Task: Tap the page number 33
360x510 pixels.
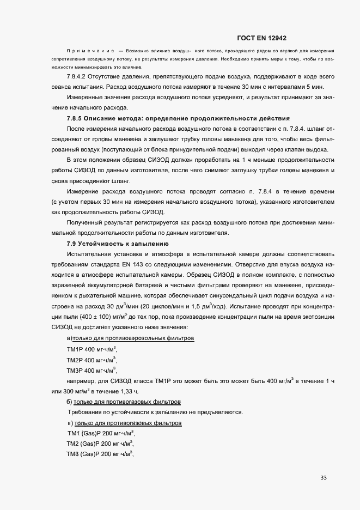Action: point(324,478)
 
